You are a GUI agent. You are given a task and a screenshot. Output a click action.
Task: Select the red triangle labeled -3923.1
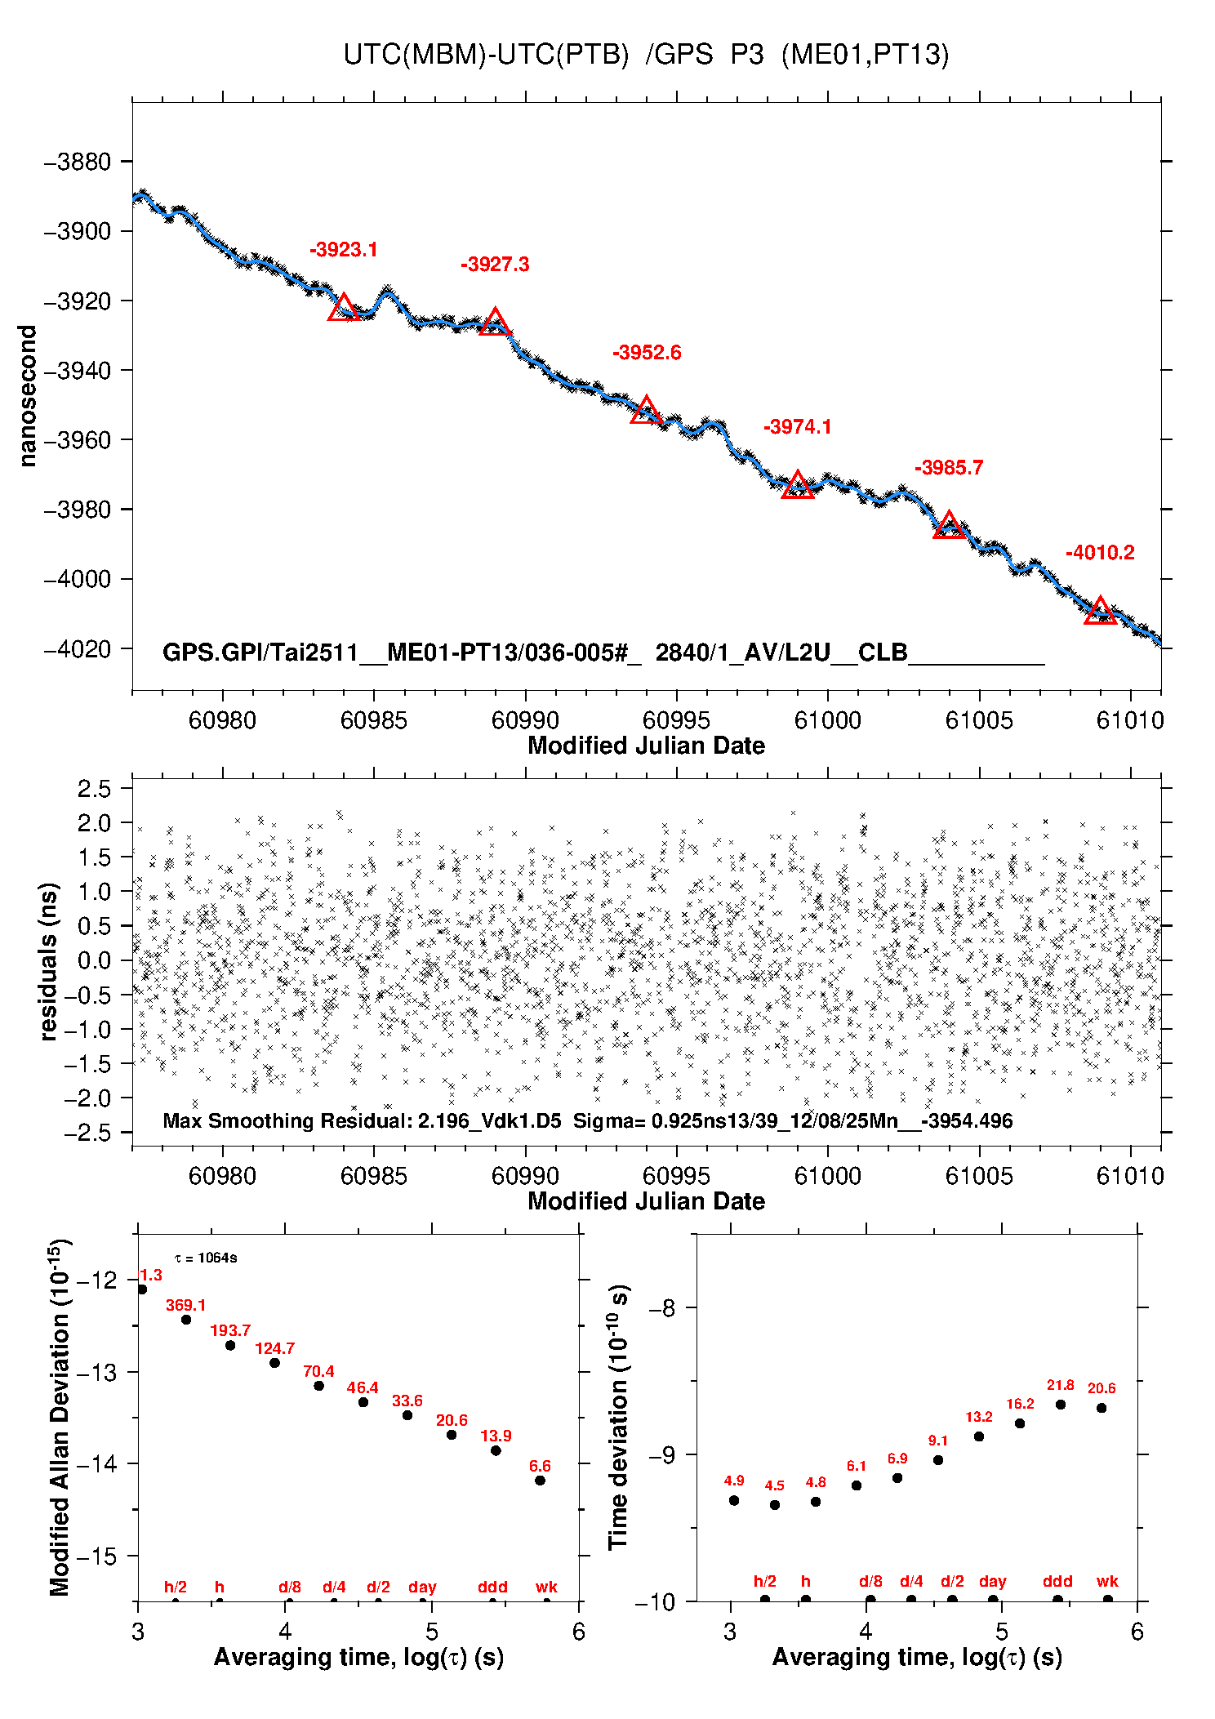344,309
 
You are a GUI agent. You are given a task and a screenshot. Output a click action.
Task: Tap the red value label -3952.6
647,353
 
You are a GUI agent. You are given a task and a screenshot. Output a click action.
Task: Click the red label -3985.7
949,468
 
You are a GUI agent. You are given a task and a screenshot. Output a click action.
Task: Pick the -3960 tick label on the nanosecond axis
78,440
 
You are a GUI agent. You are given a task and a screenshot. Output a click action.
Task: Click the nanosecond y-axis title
28,396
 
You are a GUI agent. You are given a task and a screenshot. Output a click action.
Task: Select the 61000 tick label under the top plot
828,720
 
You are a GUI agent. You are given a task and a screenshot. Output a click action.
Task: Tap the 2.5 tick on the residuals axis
94,789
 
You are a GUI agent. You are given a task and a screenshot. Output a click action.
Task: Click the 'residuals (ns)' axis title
49,961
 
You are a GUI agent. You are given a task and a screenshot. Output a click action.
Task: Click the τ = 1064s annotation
206,1258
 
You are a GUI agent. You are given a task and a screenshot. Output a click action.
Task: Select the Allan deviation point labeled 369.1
186,1320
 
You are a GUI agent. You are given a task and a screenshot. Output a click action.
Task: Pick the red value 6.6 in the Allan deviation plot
540,1466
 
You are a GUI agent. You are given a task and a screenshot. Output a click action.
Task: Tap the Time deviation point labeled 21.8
1061,1405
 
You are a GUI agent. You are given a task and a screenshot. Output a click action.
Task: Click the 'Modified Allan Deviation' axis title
59,1417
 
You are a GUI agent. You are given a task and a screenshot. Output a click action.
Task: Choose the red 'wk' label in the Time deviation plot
1107,1582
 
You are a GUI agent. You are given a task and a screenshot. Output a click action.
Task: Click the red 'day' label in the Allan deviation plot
422,1588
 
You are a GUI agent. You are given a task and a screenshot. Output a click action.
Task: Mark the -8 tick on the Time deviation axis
666,1308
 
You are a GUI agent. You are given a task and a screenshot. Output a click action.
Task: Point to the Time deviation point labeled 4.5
775,1505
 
